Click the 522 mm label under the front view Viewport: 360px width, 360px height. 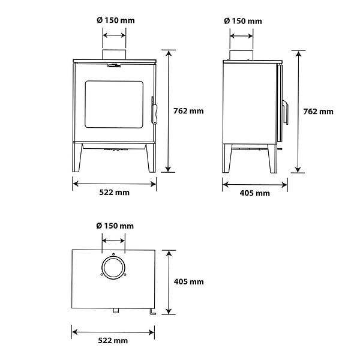tap(115, 192)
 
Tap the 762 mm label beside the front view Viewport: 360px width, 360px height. tap(188, 111)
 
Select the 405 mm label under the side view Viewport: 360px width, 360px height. tap(255, 193)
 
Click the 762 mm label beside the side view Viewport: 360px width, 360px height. tap(318, 112)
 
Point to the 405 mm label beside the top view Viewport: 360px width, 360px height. tap(189, 281)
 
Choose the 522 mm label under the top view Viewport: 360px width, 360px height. tap(113, 340)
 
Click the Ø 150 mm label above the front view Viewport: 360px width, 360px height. tap(116, 20)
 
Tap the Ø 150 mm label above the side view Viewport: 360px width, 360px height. tap(243, 21)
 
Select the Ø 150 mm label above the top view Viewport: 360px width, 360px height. tap(115, 226)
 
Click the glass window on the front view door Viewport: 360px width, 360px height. tap(114, 104)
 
